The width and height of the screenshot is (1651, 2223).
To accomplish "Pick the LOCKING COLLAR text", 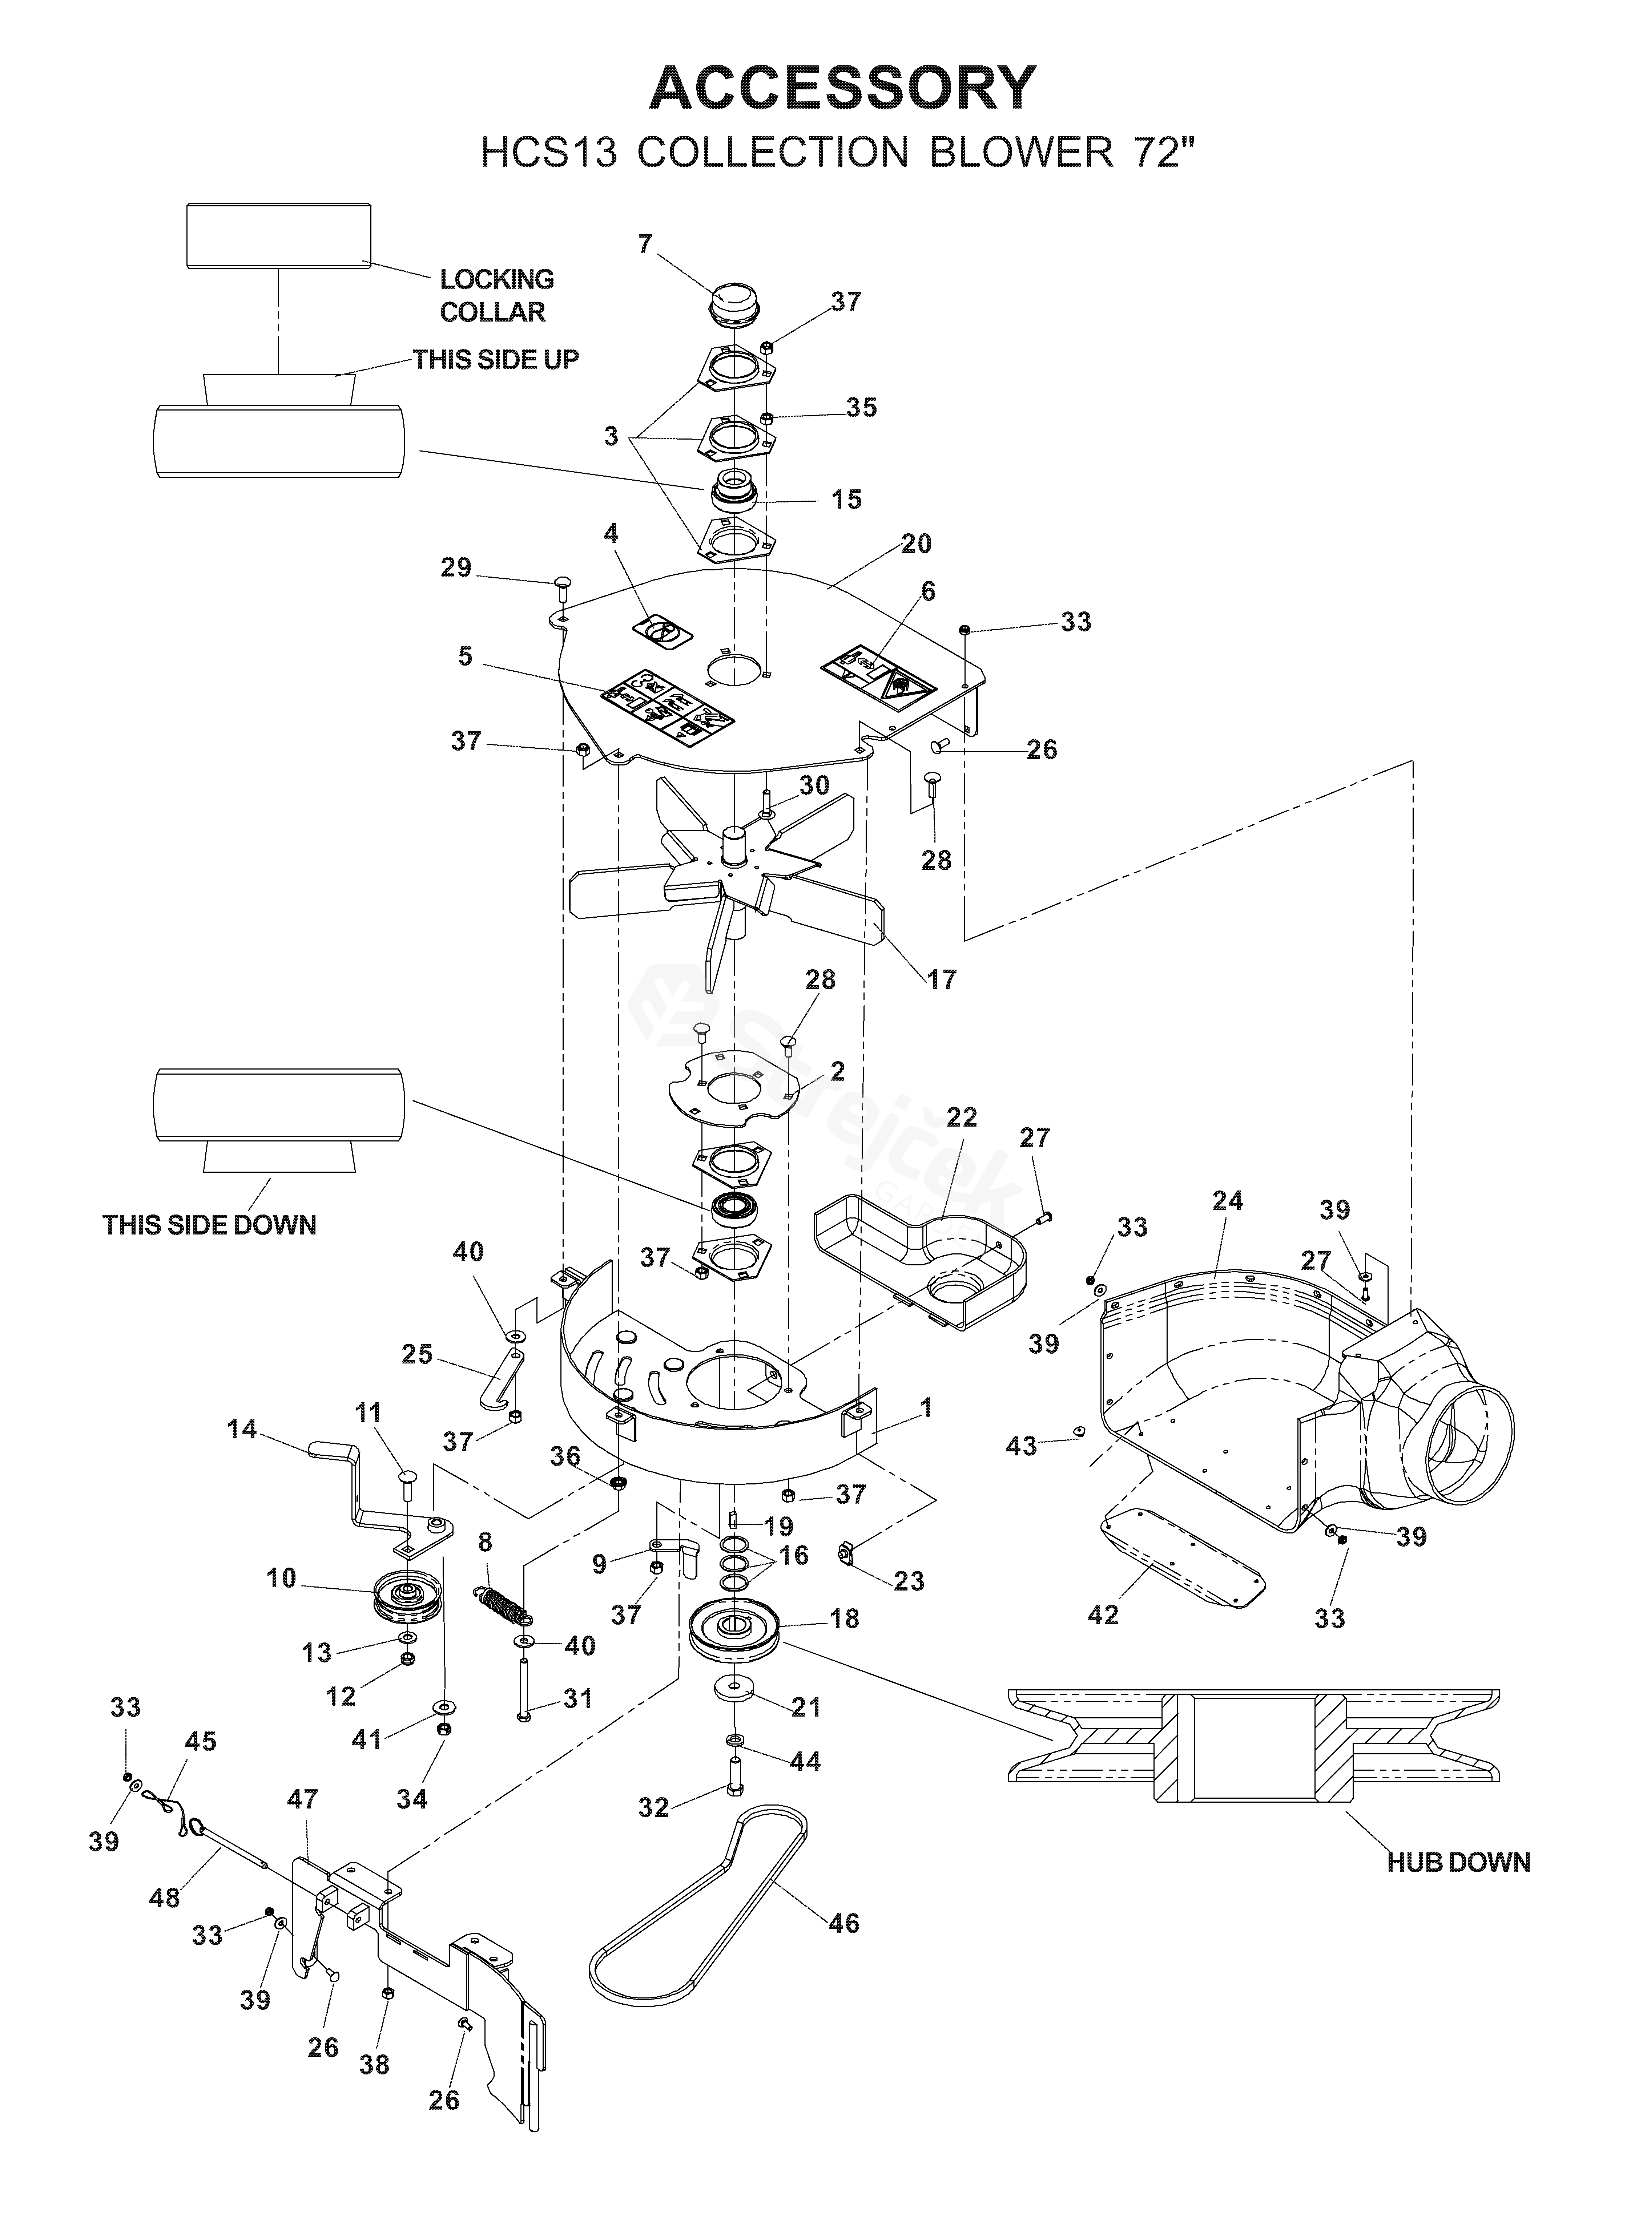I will tap(496, 296).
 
